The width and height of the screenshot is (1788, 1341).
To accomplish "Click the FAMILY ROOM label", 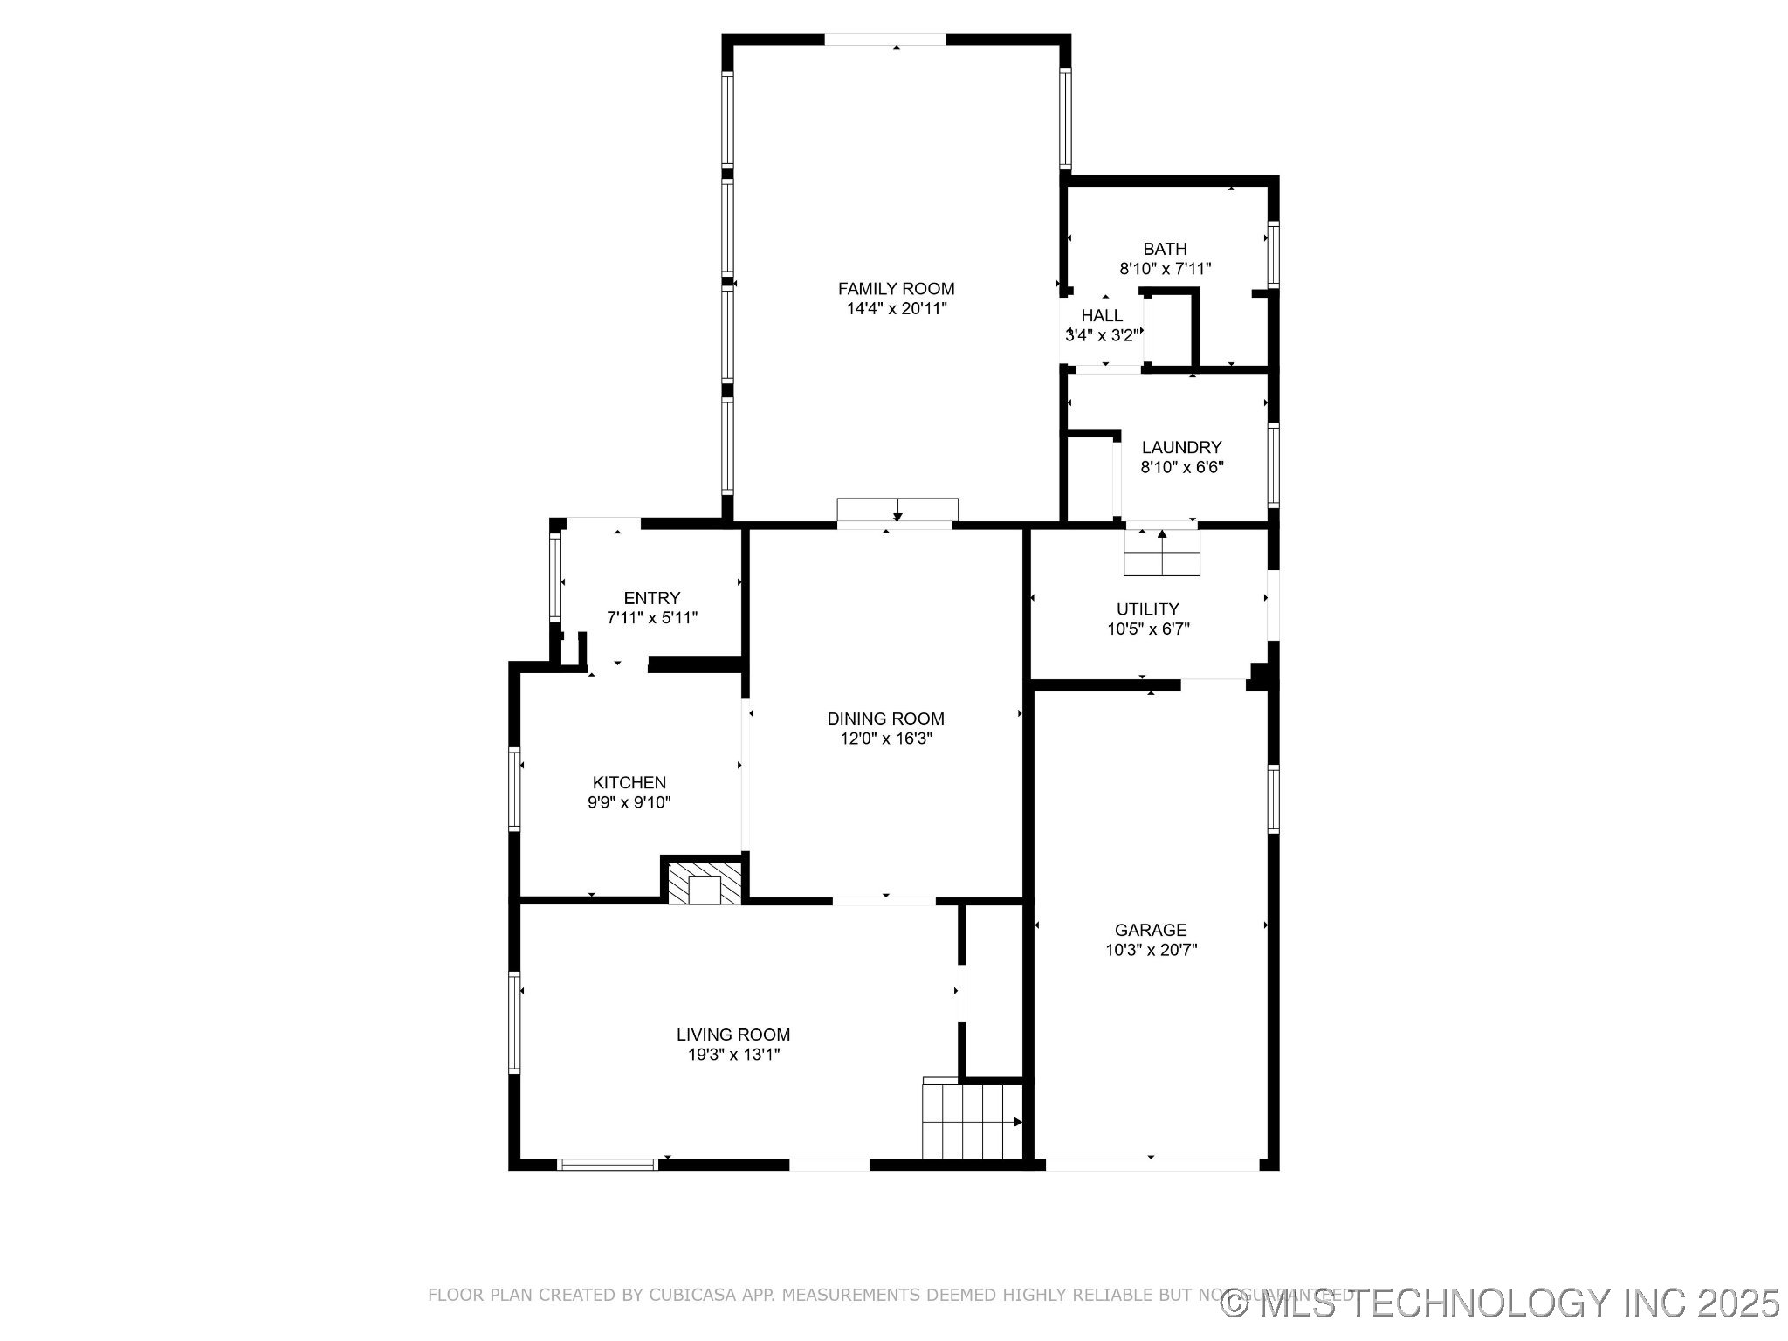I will point(896,289).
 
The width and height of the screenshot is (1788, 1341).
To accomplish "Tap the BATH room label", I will point(1165,250).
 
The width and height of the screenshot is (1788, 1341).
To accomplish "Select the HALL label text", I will point(1102,316).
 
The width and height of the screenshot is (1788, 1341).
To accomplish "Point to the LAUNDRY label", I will point(1181,448).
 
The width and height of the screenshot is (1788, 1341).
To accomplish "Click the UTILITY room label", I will point(1148,609).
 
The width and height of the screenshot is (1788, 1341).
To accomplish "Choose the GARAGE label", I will point(1151,931).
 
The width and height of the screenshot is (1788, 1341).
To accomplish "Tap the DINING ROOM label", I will point(885,719).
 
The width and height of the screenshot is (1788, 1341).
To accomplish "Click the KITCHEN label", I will point(629,783).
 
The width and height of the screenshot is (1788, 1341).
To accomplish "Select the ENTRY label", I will point(651,599).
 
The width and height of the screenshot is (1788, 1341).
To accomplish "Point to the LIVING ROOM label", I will point(733,1035).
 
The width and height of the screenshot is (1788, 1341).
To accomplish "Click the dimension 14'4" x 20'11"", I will point(896,309).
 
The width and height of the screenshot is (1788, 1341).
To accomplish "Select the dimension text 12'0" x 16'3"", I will point(885,739).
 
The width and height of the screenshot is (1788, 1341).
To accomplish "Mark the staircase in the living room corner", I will point(973,1120).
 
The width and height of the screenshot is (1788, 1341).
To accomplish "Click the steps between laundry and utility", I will point(1162,553).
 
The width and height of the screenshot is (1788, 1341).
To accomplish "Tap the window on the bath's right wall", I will point(1273,255).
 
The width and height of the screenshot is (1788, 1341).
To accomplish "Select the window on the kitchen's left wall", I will point(515,788).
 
